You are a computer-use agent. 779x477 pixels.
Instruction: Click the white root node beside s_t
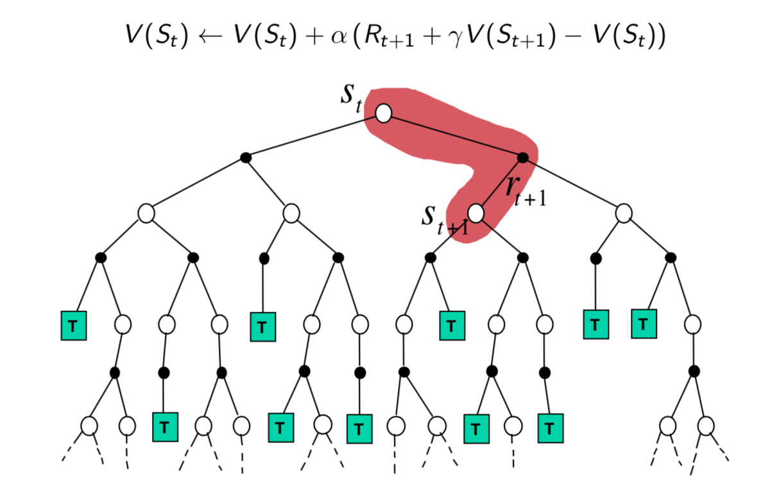coord(384,113)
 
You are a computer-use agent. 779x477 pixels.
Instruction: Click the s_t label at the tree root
coord(351,98)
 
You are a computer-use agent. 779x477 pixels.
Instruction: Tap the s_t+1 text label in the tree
coord(445,221)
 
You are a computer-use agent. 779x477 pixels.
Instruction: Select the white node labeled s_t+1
coord(475,213)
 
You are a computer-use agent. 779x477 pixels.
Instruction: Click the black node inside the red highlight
coord(523,158)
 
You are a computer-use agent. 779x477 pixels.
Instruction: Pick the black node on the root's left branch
coord(246,158)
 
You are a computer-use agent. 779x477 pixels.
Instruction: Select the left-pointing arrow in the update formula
coord(210,36)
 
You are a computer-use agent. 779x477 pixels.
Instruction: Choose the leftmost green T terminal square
coord(74,326)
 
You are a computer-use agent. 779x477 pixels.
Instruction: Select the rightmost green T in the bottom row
coord(551,428)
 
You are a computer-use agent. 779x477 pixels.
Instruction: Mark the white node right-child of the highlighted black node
coord(624,213)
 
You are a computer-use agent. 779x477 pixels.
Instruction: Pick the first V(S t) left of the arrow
coord(157,36)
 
